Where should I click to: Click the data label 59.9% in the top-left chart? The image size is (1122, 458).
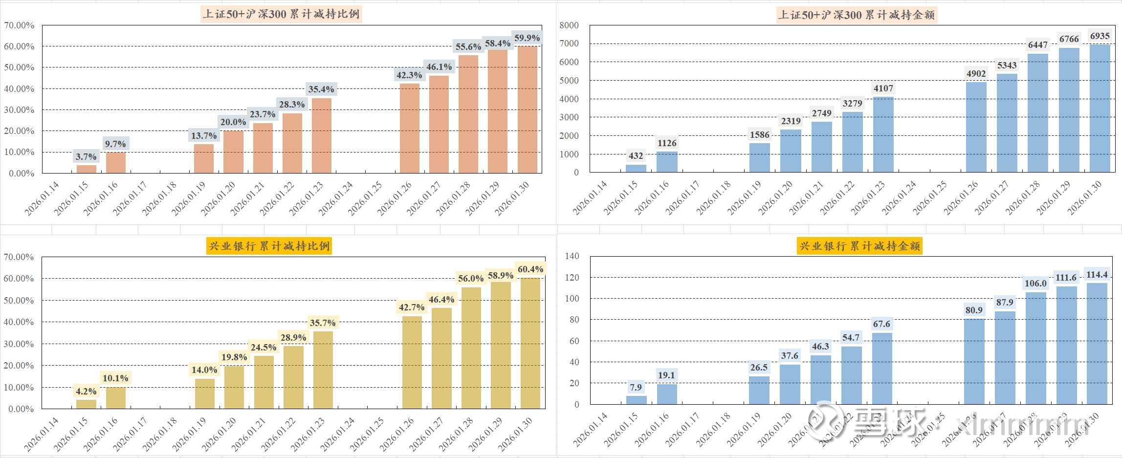pyautogui.click(x=527, y=38)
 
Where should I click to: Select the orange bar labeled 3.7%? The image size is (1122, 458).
pyautogui.click(x=86, y=169)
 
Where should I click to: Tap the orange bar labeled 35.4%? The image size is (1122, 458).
pyautogui.click(x=321, y=136)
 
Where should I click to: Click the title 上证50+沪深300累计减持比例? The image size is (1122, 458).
pyautogui.click(x=282, y=14)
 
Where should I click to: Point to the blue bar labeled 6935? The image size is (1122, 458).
pyautogui.click(x=1100, y=109)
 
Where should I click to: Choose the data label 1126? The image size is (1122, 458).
pyautogui.click(x=667, y=143)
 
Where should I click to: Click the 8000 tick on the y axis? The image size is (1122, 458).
pyautogui.click(x=569, y=25)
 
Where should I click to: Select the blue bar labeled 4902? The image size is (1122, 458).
pyautogui.click(x=976, y=127)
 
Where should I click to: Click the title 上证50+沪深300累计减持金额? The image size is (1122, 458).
pyautogui.click(x=857, y=15)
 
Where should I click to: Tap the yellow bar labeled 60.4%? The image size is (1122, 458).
pyautogui.click(x=530, y=343)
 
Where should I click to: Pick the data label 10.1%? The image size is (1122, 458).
pyautogui.click(x=115, y=378)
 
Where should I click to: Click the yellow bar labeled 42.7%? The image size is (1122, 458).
pyautogui.click(x=412, y=362)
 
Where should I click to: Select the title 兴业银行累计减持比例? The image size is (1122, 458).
pyautogui.click(x=270, y=246)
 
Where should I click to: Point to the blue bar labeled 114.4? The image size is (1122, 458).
pyautogui.click(x=1097, y=344)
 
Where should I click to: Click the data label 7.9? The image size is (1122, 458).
pyautogui.click(x=636, y=388)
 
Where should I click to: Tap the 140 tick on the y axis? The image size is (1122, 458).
pyautogui.click(x=572, y=256)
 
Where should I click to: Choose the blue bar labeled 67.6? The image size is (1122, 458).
pyautogui.click(x=881, y=369)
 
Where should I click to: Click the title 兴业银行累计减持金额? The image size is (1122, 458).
pyautogui.click(x=859, y=246)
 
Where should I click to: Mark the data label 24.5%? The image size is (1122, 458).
pyautogui.click(x=264, y=348)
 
